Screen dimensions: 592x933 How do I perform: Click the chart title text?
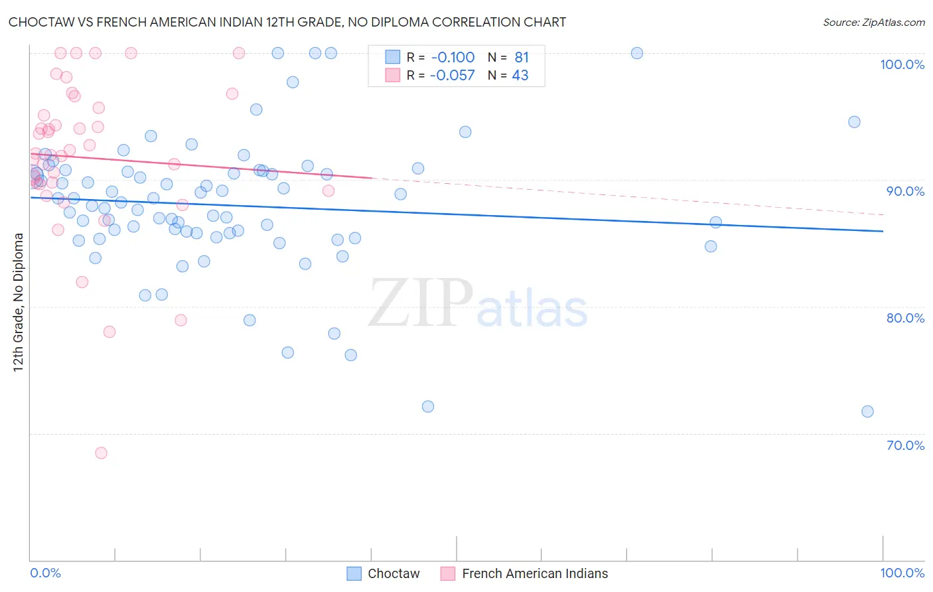click(287, 22)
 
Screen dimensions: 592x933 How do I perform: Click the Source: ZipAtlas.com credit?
click(873, 23)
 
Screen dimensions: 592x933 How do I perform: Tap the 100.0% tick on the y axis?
click(902, 64)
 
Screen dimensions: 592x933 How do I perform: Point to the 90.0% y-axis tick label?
click(905, 191)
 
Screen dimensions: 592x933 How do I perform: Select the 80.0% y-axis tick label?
click(905, 318)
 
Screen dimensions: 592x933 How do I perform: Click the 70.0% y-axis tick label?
click(905, 445)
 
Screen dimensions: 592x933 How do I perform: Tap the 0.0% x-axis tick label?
click(46, 573)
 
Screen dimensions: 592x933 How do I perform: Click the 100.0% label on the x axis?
click(902, 573)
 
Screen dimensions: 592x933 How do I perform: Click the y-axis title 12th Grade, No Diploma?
click(19, 302)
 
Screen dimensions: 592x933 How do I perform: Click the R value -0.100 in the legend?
click(452, 57)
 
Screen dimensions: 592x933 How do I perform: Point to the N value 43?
click(520, 76)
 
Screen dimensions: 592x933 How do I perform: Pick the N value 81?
click(522, 57)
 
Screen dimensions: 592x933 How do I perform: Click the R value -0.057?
click(452, 76)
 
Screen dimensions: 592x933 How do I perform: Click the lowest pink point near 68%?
click(101, 453)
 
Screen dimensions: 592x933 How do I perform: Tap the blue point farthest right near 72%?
click(867, 411)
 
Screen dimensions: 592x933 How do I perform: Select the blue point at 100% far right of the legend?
click(637, 53)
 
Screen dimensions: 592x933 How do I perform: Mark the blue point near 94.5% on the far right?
click(854, 122)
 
